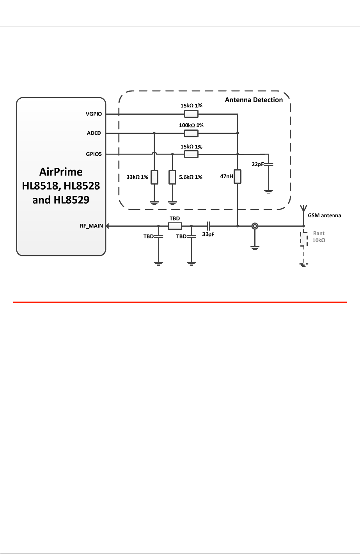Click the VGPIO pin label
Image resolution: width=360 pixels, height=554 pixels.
pyautogui.click(x=94, y=114)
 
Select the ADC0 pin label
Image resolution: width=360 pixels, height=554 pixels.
pyautogui.click(x=94, y=133)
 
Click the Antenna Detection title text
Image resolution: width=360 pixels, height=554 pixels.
pyautogui.click(x=254, y=100)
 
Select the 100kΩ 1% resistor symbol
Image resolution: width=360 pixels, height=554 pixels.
pyautogui.click(x=191, y=133)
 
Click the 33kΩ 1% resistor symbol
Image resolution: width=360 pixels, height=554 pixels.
pyautogui.click(x=154, y=177)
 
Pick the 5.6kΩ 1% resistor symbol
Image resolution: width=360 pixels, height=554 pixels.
pyautogui.click(x=172, y=177)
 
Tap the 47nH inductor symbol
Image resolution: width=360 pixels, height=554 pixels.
pyautogui.click(x=238, y=176)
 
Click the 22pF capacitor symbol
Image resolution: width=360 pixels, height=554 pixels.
pyautogui.click(x=268, y=165)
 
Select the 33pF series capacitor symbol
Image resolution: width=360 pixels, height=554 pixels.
pyautogui.click(x=209, y=226)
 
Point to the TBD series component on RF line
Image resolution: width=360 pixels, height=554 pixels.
pyautogui.click(x=175, y=226)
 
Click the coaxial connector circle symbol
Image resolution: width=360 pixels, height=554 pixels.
pyautogui.click(x=254, y=226)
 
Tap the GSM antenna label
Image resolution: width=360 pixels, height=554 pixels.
pyautogui.click(x=325, y=215)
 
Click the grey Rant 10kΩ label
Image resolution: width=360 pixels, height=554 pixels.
pyautogui.click(x=319, y=237)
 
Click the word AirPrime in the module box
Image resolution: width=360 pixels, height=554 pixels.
pyautogui.click(x=61, y=172)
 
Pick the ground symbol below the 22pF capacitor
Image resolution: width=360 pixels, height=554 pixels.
pyautogui.click(x=268, y=191)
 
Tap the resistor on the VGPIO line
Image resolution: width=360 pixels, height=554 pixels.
pyautogui.click(x=191, y=114)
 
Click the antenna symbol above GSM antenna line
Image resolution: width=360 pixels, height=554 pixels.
pyautogui.click(x=303, y=209)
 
